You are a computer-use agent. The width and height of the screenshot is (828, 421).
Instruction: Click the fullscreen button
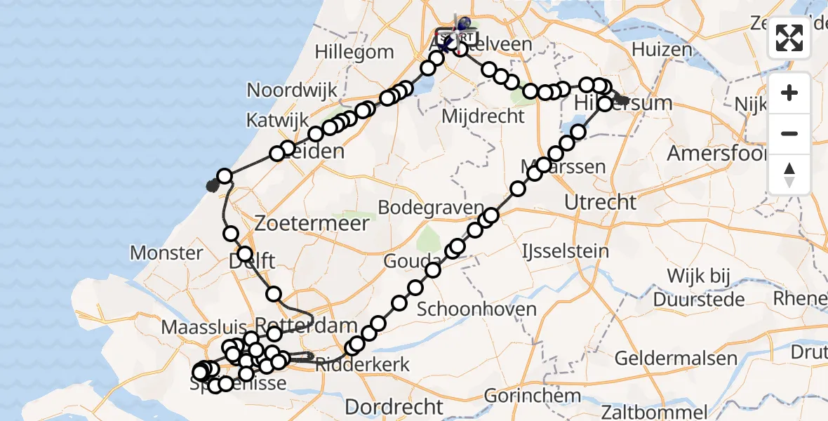click(789, 38)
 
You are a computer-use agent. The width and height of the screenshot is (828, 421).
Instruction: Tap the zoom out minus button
click(789, 133)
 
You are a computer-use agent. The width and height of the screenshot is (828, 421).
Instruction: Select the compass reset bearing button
click(789, 174)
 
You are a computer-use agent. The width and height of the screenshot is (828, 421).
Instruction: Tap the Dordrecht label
click(394, 406)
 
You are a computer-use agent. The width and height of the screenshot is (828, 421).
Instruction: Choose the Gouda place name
click(403, 262)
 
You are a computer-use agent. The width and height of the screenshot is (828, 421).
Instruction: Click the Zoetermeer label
click(312, 224)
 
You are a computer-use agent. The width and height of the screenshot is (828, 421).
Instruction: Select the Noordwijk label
click(292, 91)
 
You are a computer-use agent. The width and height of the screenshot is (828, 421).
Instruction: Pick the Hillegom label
click(354, 52)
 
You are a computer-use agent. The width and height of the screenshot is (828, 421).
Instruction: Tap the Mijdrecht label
click(483, 116)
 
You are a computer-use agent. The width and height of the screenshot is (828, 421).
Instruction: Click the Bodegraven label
click(431, 208)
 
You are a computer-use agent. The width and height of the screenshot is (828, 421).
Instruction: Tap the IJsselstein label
click(566, 250)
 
